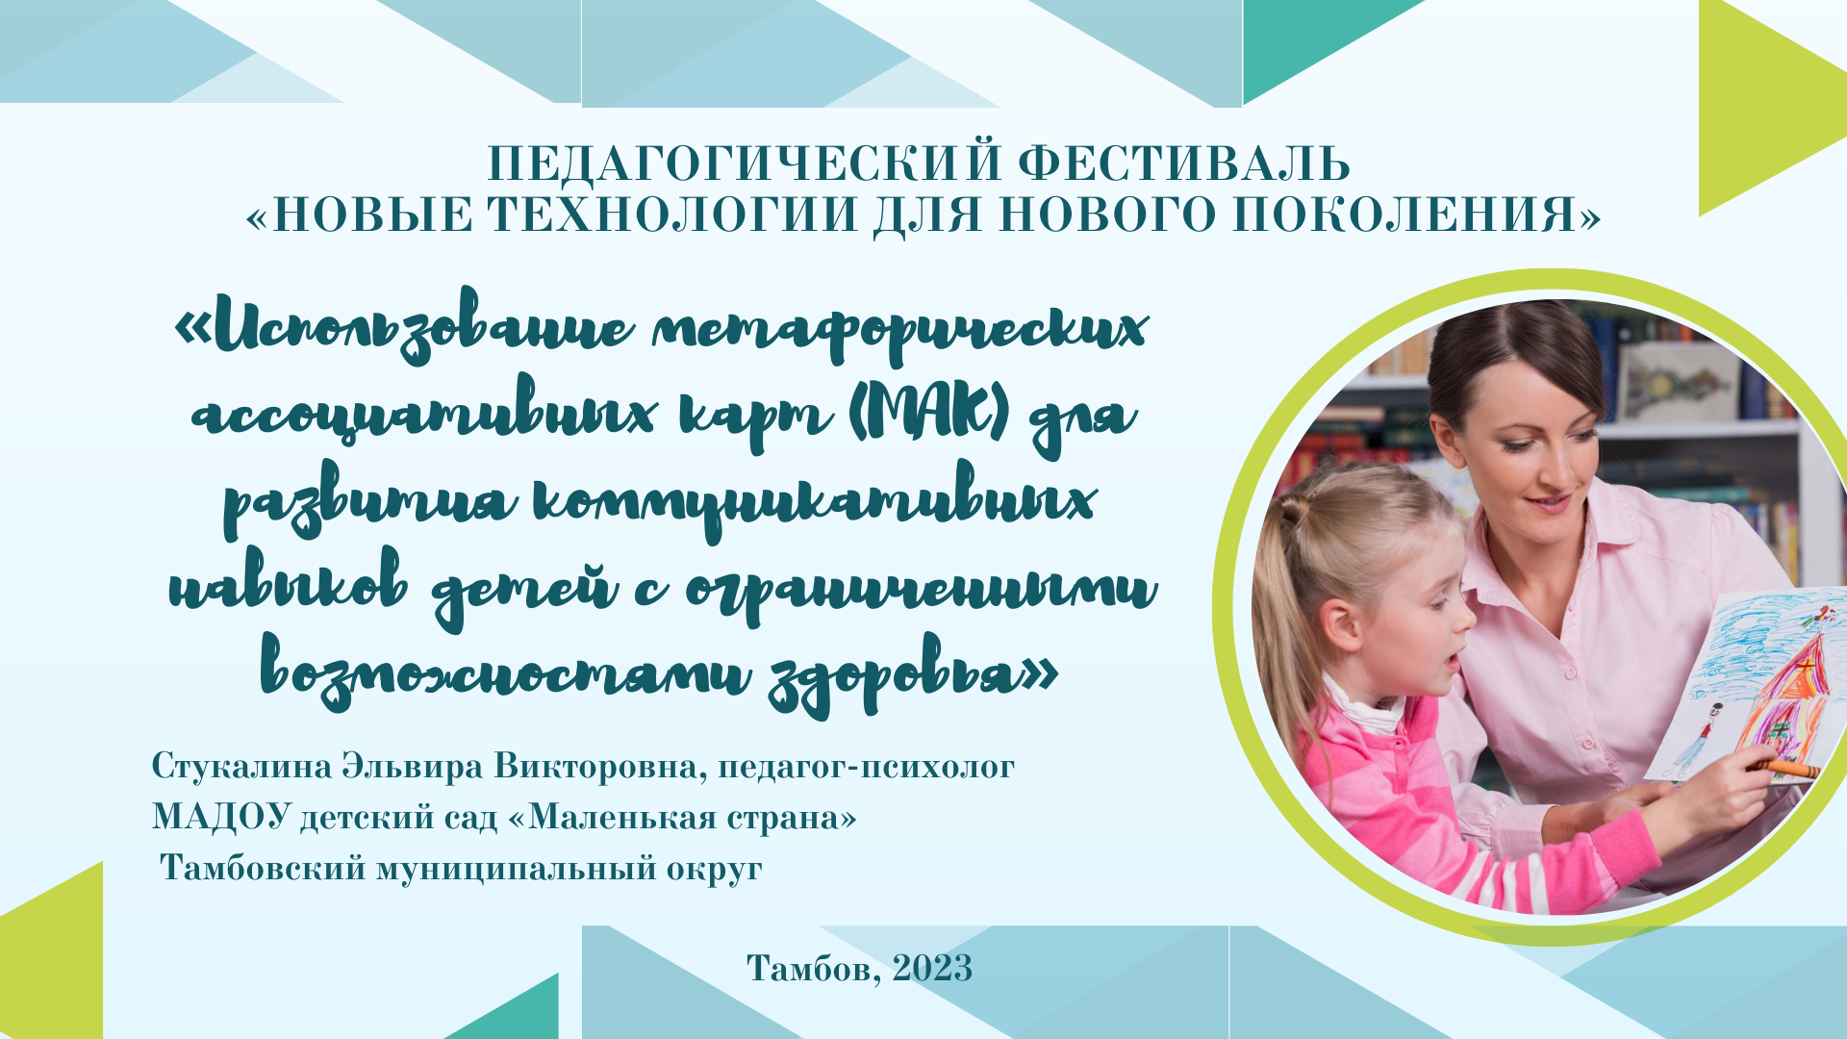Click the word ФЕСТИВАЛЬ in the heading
pos(1184,165)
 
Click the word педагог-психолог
pos(866,768)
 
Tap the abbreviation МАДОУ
pos(221,817)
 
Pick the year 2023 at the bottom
pos(932,968)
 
